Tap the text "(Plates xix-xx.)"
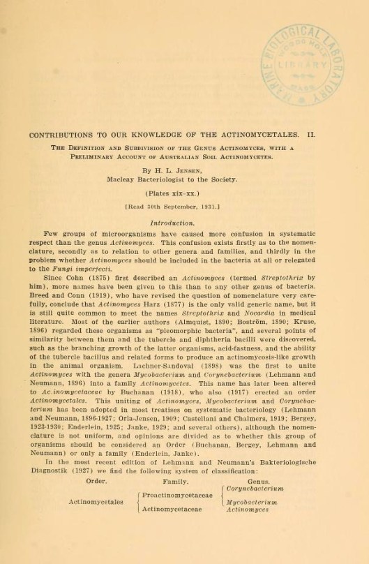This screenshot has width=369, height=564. tap(184, 191)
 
